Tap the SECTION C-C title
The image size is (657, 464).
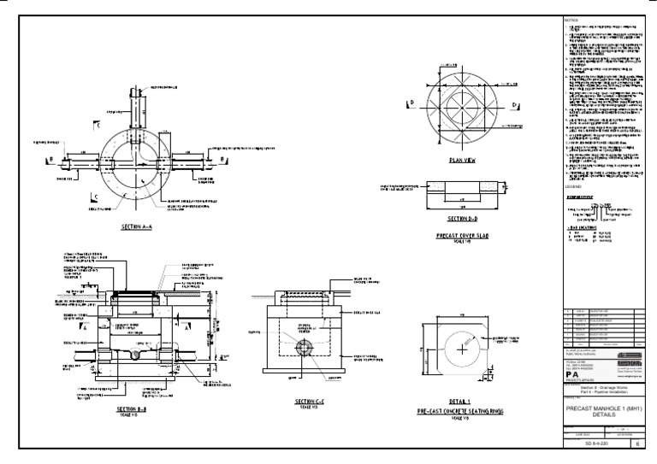pyautogui.click(x=306, y=401)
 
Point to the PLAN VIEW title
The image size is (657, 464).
pyautogui.click(x=462, y=159)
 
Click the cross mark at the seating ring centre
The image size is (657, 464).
pyautogui.click(x=462, y=350)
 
